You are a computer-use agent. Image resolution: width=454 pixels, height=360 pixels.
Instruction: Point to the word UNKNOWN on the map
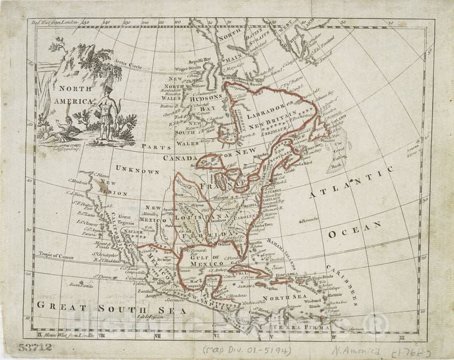pyautogui.click(x=137, y=171)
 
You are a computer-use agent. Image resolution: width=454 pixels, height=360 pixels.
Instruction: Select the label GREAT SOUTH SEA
pyautogui.click(x=111, y=309)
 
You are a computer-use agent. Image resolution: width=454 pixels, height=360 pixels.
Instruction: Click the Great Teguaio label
pyautogui.click(x=125, y=219)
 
